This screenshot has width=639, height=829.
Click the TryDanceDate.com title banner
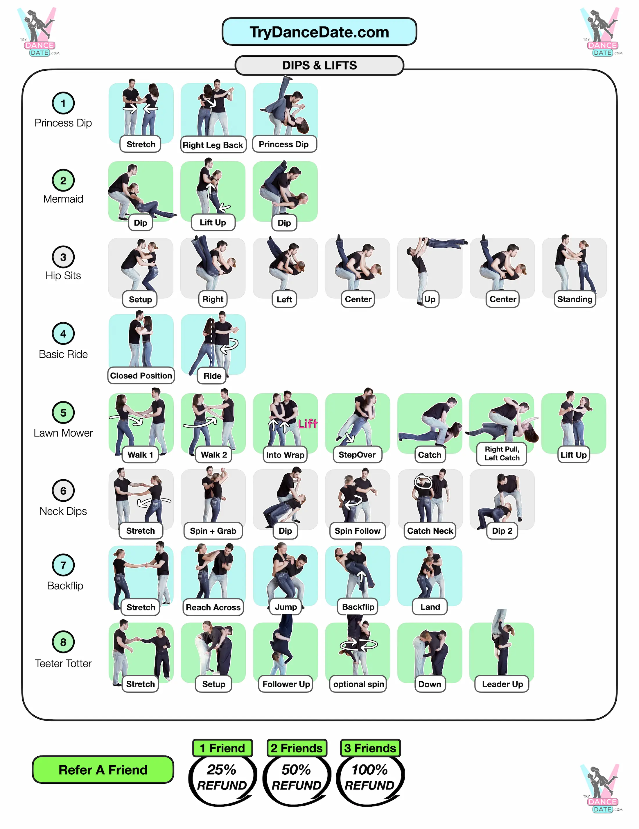tap(319, 32)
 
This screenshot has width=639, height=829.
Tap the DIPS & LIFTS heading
tap(319, 65)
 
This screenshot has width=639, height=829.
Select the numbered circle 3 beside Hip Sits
tap(63, 257)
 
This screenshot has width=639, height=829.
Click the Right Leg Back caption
tap(213, 145)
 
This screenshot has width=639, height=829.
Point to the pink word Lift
tap(307, 424)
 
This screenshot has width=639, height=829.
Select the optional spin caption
tap(358, 684)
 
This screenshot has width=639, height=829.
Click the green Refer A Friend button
tap(103, 770)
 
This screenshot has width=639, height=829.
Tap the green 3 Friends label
tap(370, 748)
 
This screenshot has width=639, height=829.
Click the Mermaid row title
tap(63, 199)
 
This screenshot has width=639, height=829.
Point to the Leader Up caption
tap(502, 684)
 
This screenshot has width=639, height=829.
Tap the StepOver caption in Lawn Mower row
tap(357, 454)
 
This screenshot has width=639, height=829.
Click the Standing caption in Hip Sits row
tap(575, 299)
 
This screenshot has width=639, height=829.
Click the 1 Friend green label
tap(222, 748)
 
